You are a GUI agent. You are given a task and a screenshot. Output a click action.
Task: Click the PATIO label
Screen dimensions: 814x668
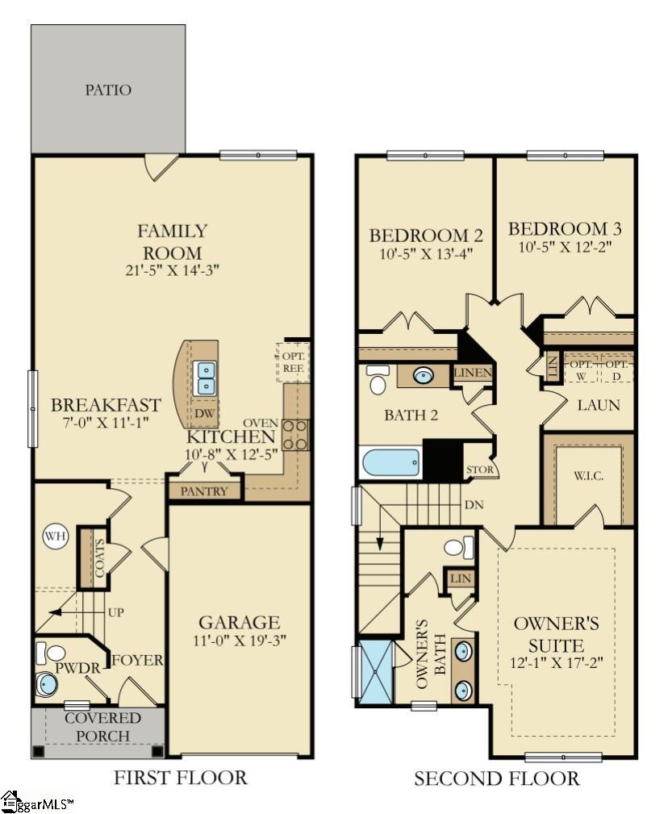click(108, 90)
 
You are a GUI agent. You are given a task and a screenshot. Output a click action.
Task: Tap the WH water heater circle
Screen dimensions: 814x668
click(56, 536)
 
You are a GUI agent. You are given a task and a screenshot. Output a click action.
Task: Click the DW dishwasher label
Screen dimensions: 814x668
click(204, 414)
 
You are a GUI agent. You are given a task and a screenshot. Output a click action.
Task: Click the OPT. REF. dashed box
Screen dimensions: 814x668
click(293, 361)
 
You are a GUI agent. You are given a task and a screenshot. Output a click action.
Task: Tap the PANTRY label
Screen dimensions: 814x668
click(203, 490)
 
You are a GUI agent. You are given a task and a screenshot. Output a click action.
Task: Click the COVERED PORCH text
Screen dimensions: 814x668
click(102, 727)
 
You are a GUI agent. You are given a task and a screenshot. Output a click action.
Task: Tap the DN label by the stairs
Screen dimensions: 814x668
click(474, 506)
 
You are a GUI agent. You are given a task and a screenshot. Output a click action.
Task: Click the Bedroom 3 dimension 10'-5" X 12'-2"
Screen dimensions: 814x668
click(564, 248)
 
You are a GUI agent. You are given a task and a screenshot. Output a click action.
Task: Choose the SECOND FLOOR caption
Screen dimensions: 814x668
click(496, 779)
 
